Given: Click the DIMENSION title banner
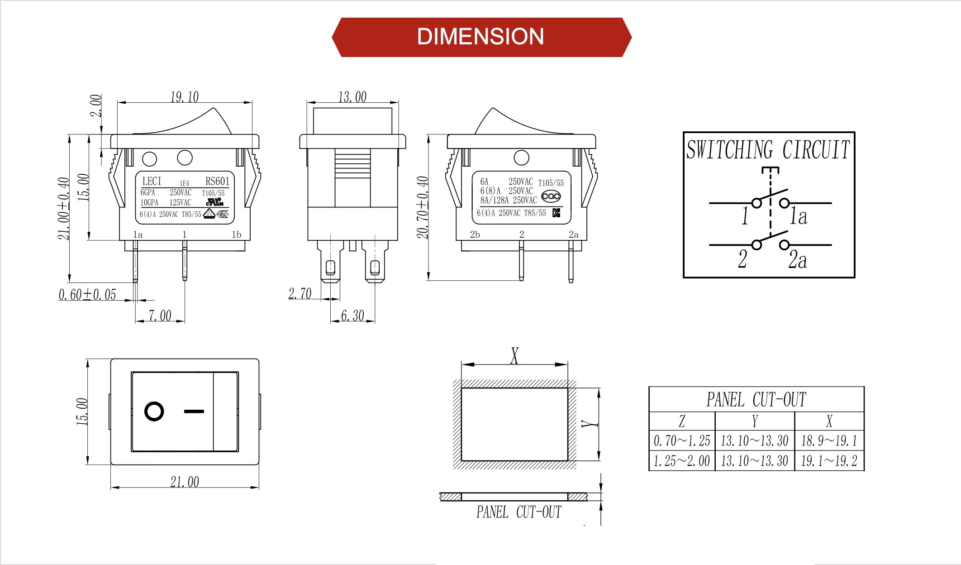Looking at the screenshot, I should point(480,37).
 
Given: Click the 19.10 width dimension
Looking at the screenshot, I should point(184,97).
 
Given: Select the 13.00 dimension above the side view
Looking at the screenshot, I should point(352,97).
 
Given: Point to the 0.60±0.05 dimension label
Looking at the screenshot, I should point(87,295).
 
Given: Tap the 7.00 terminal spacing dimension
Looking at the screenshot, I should point(160,316).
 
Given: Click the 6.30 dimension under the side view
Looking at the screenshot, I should point(352,316).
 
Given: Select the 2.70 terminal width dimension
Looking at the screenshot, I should point(300,294).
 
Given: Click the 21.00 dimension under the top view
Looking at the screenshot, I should point(184,482).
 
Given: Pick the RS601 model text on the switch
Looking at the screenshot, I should point(217,181).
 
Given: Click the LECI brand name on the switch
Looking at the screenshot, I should point(152,181).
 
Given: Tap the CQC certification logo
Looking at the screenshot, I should point(551,196).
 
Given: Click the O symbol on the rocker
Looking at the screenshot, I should point(154,412).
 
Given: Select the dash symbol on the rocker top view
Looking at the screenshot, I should point(194,412).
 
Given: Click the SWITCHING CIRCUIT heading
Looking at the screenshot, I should point(768,150).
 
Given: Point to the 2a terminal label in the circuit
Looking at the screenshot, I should point(797,260).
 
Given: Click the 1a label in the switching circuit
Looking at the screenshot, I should point(798,216).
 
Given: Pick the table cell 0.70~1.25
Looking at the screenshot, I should point(681,441).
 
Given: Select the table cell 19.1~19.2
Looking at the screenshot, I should point(829,461).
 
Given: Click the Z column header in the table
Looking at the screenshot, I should point(681,421).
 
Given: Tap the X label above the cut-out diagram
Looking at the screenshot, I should point(514,355).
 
